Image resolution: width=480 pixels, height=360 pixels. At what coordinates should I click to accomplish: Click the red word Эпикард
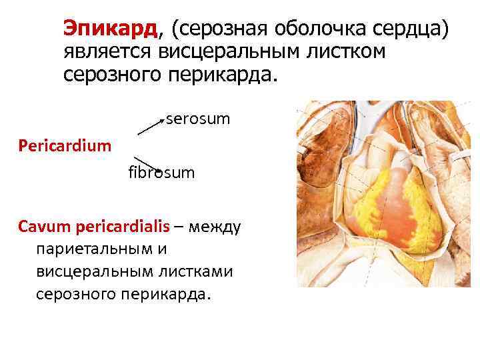coord(111,28)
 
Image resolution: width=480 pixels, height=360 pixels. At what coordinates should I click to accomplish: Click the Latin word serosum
coord(198,119)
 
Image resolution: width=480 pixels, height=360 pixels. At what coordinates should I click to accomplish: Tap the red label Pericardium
coord(65,145)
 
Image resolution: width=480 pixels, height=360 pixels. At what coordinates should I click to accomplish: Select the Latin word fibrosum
coord(161,173)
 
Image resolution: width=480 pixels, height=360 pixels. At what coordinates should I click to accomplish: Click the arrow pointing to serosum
coord(151,127)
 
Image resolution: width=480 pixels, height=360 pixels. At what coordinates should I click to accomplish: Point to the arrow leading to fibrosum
coord(147,163)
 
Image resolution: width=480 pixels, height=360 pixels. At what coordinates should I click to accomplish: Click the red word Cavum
coord(40,226)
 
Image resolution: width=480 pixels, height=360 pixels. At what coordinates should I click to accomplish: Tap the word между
coord(215,226)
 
